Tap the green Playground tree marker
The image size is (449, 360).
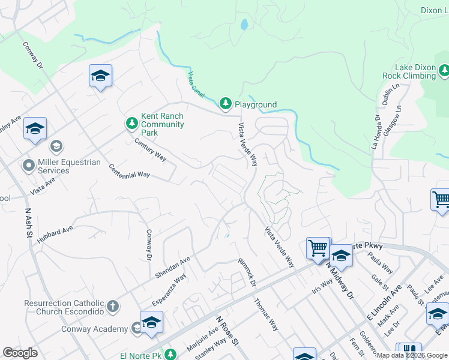226,104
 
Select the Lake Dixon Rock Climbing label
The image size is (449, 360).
409,72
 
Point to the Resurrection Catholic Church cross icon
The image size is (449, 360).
112,307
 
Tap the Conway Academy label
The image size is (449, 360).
94,329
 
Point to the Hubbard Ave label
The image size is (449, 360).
54,234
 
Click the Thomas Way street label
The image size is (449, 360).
267,316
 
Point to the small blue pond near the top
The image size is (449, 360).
244,25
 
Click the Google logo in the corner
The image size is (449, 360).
20,353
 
